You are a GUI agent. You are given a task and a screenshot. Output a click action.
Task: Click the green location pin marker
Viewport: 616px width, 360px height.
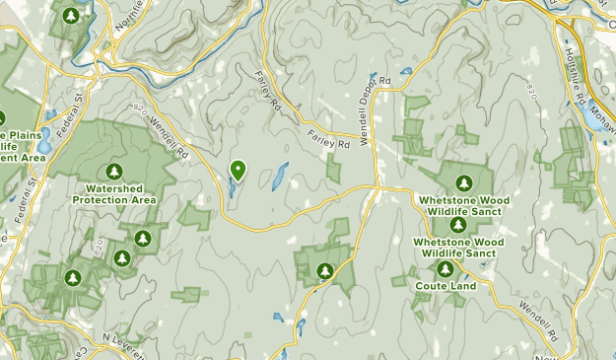tap(238, 171)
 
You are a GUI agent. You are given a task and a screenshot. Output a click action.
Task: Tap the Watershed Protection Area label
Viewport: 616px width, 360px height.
tap(114, 193)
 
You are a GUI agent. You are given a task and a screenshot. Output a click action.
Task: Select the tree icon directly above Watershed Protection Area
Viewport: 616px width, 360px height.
tap(114, 172)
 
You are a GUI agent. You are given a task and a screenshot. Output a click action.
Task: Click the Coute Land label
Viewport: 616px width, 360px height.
tap(445, 286)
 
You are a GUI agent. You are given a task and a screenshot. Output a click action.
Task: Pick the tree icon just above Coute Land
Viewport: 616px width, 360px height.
tap(445, 267)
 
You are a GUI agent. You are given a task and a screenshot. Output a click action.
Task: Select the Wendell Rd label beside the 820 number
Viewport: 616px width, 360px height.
tap(169, 138)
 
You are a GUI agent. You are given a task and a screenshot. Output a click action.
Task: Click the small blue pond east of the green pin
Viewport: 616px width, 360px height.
tap(280, 177)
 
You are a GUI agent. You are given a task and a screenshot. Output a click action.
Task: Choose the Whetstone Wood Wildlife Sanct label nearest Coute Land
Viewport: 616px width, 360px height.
tap(458, 247)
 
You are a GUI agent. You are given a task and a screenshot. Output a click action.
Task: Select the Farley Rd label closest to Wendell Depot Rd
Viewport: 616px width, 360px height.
tap(329, 139)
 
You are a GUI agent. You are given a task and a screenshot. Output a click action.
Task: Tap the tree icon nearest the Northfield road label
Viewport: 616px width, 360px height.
tap(71, 16)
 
